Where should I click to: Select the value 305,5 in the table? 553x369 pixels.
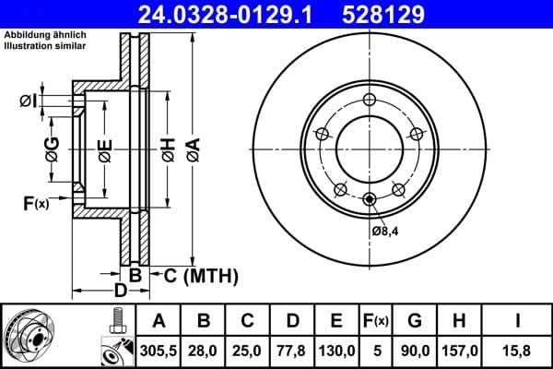pyautogui.click(x=159, y=350)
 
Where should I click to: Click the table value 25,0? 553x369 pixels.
pyautogui.click(x=248, y=350)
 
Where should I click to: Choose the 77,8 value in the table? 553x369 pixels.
pyautogui.click(x=292, y=350)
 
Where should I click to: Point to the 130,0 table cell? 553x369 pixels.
pyautogui.click(x=336, y=350)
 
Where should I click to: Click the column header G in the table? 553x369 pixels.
pyautogui.click(x=416, y=320)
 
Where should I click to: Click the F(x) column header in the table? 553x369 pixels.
pyautogui.click(x=376, y=320)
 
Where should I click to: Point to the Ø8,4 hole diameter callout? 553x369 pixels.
pyautogui.click(x=385, y=230)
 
